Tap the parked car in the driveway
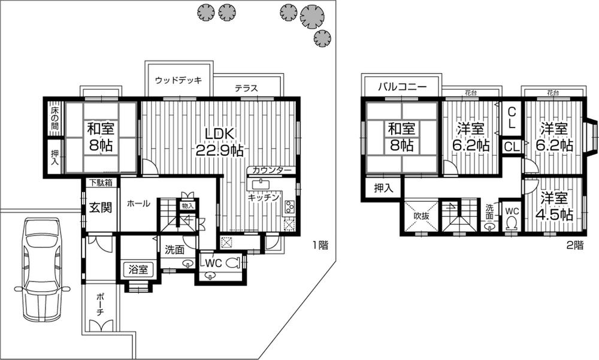pos(40,270)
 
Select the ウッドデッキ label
pos(178,80)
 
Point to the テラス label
pos(246,88)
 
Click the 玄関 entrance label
pos(101,208)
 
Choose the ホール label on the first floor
pos(138,204)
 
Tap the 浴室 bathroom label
pos(138,270)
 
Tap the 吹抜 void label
pos(421,216)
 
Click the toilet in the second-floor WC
pos(512,223)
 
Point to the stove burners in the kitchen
pos(289,207)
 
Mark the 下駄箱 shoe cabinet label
pos(101,182)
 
